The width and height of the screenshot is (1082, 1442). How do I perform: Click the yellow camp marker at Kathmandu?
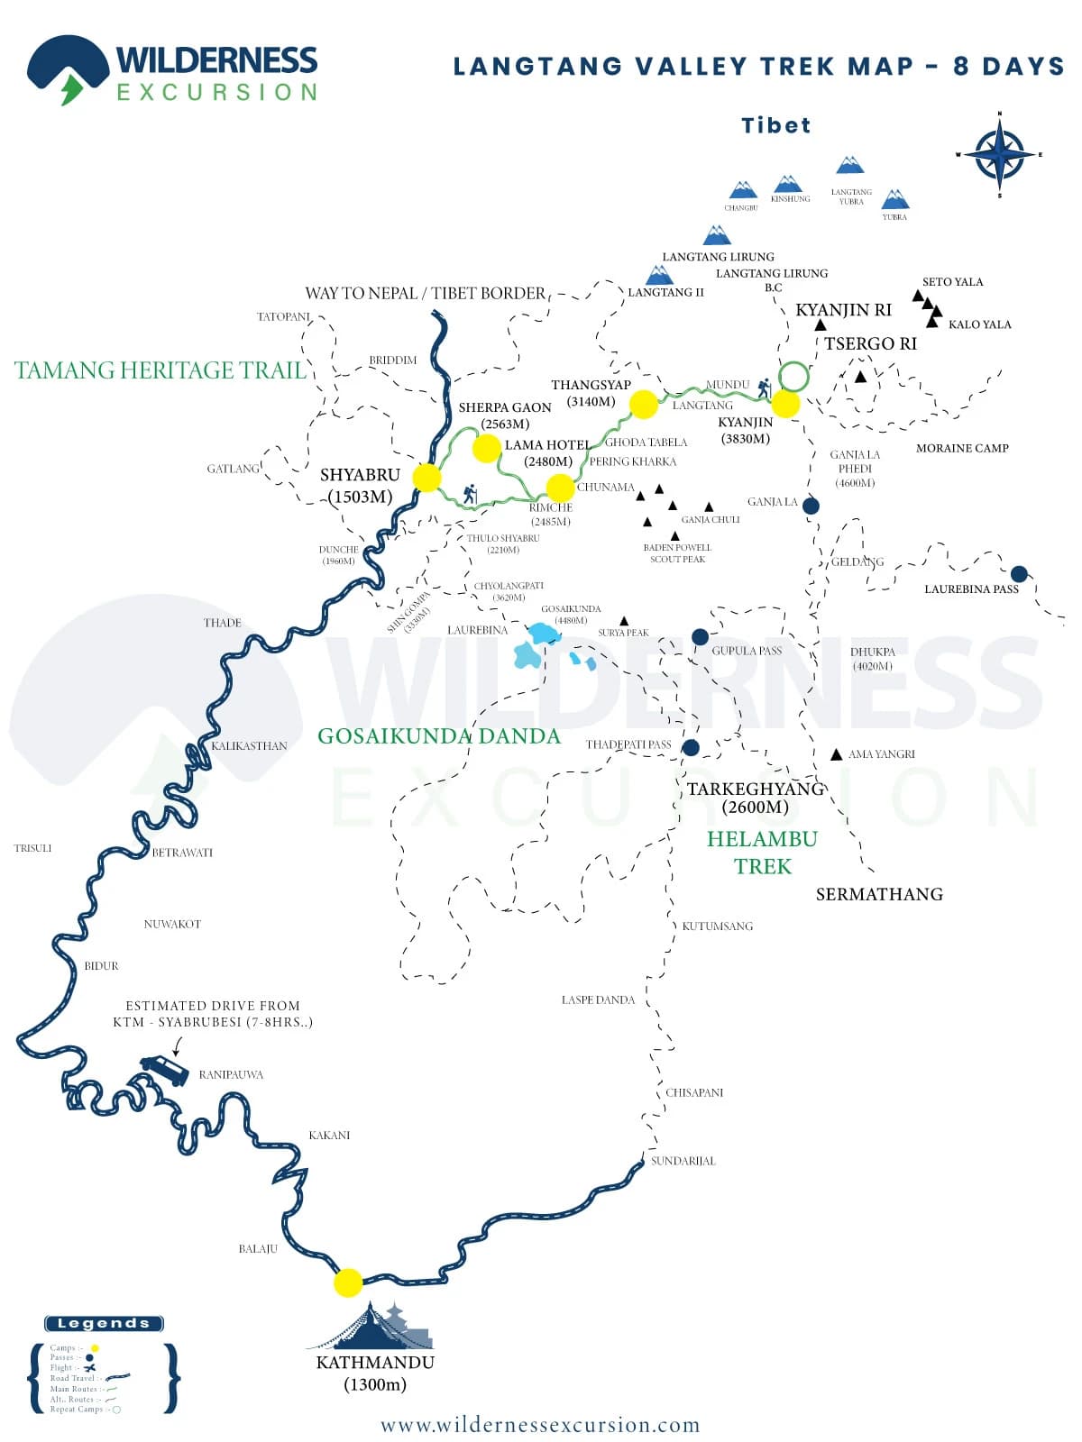(348, 1282)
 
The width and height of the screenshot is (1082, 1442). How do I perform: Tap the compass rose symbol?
(999, 154)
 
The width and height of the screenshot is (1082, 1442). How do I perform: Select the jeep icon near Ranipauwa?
(165, 1071)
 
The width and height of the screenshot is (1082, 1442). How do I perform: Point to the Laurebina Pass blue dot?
(1019, 574)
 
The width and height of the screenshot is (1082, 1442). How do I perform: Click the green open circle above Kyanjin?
(793, 376)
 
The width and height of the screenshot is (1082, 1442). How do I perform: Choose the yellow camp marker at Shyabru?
(426, 478)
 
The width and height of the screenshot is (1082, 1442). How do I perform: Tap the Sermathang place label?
(879, 894)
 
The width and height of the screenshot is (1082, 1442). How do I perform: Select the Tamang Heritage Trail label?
(160, 370)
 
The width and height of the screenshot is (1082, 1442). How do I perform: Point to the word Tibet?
(775, 125)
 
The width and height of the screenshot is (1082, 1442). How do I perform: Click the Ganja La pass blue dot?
(811, 506)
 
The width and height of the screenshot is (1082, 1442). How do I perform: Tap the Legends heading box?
(104, 1323)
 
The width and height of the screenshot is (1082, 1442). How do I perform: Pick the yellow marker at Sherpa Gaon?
(487, 448)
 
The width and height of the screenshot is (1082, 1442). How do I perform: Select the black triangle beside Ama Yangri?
(837, 754)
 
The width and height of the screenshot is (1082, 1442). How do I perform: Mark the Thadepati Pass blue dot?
(691, 747)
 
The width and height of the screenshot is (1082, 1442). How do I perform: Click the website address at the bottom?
(540, 1425)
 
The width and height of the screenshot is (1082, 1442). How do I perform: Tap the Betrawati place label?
(182, 853)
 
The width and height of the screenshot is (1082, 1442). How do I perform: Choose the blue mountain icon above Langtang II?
(659, 275)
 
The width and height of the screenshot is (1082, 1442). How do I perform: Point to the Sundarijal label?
(683, 1161)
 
